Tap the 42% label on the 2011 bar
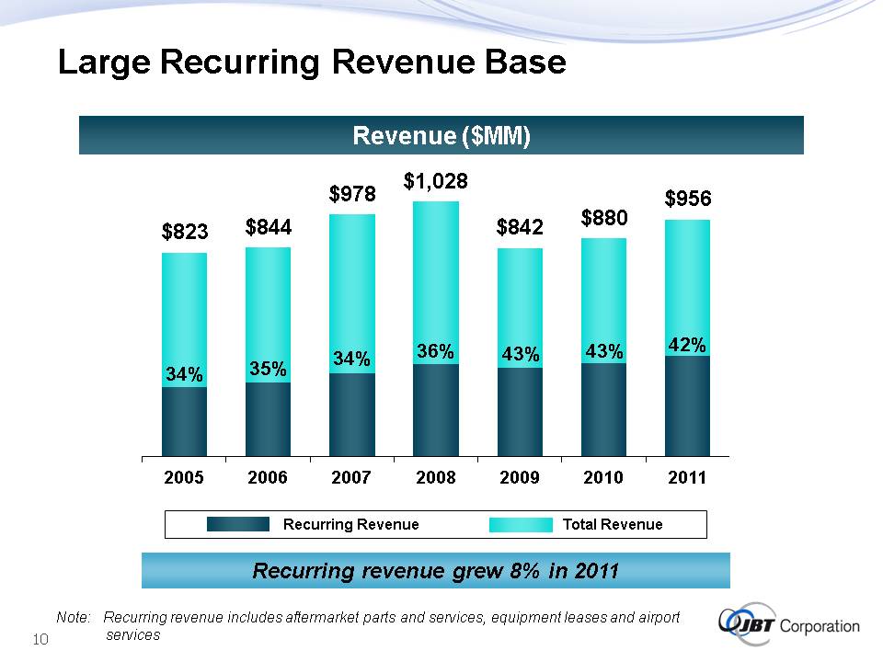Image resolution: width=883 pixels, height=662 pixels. (687, 345)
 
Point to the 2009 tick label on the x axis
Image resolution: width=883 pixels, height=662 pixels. (520, 477)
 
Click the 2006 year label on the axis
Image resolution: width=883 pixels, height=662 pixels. (268, 477)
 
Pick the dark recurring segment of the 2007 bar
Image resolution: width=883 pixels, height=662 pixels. (352, 414)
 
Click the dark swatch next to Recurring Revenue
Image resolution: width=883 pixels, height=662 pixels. (237, 524)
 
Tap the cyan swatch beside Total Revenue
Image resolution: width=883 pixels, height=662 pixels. (520, 524)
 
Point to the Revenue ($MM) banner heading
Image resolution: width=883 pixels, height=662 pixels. (441, 136)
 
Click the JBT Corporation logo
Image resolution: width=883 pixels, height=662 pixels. (790, 625)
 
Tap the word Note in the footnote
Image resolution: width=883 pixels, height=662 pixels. (72, 618)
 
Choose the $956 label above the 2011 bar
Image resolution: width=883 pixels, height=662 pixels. (688, 199)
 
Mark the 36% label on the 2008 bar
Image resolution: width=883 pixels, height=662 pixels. (436, 351)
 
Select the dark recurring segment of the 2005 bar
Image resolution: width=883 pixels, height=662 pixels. (184, 421)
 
